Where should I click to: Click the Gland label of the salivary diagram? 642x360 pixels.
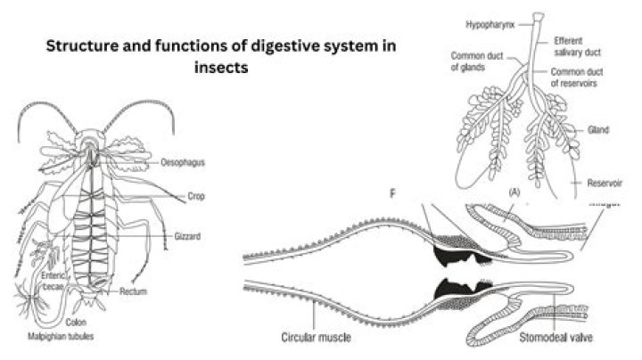coord(597,130)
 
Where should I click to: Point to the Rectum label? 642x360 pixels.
coord(133,290)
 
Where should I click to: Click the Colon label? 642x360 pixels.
coord(76,322)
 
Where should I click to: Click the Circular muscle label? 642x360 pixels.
coord(317,338)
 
